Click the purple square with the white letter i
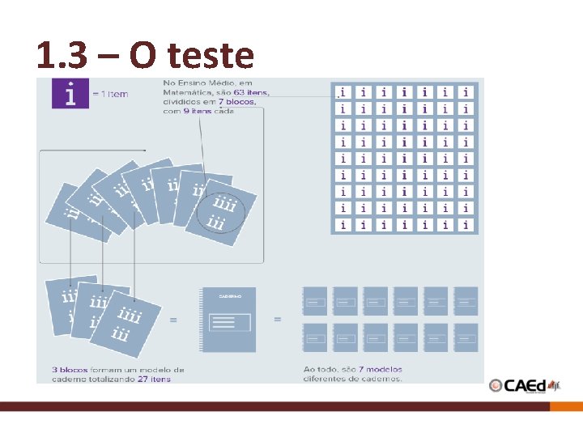tap(70, 93)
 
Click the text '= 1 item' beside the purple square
tap(110, 94)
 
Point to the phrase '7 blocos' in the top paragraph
tap(236, 102)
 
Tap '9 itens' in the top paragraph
tap(198, 111)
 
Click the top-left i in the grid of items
tap(343, 92)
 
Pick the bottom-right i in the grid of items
tap(466, 224)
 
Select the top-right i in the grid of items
tap(466, 92)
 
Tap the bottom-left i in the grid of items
tap(343, 224)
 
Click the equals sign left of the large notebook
tap(172, 320)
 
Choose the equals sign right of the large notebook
tap(278, 320)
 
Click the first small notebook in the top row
tap(315, 301)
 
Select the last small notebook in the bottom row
tap(466, 337)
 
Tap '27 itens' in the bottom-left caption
tap(153, 379)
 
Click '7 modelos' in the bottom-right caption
tap(378, 370)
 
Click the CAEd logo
tap(524, 386)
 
